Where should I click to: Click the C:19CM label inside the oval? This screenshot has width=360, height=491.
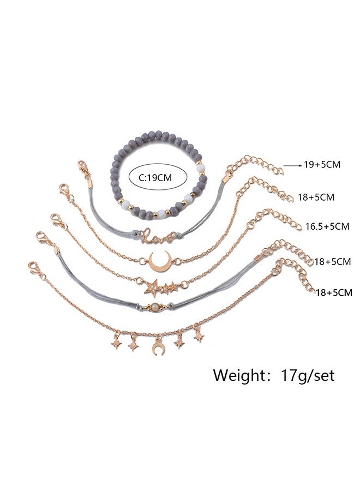(155, 178)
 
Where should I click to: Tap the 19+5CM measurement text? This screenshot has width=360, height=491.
(322, 164)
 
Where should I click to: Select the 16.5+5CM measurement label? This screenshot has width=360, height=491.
(327, 226)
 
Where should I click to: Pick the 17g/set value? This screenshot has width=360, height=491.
(308, 375)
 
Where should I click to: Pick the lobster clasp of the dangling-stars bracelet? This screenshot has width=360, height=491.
(35, 268)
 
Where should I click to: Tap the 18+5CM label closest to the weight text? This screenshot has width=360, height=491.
(334, 292)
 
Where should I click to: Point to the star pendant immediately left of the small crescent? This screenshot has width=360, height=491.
(133, 344)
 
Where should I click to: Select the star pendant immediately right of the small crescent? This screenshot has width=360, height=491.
(179, 343)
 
